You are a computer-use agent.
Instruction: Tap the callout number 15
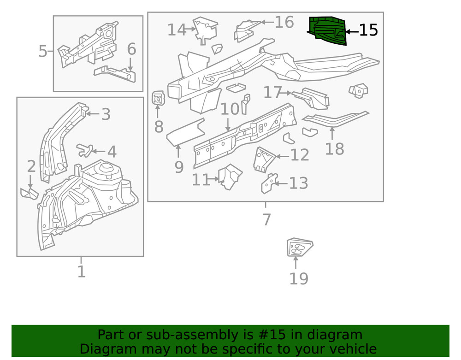coord(368,31)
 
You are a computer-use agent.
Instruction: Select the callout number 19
coord(299,278)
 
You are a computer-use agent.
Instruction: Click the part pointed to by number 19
coord(298,248)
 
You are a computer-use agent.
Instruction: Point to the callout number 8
coord(159,126)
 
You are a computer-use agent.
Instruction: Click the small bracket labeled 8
coord(158,98)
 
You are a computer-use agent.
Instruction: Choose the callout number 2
coord(31,167)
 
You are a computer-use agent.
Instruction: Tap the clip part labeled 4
coord(84,149)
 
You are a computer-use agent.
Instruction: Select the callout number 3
coord(106,114)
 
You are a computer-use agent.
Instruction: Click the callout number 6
coord(131,49)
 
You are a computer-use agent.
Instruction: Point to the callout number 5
coord(43,51)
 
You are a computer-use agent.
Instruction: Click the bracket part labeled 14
coord(205,30)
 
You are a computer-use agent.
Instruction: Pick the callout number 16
coord(284,22)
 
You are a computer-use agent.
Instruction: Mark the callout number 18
coord(334,149)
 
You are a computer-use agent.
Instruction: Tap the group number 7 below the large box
coord(266,220)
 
